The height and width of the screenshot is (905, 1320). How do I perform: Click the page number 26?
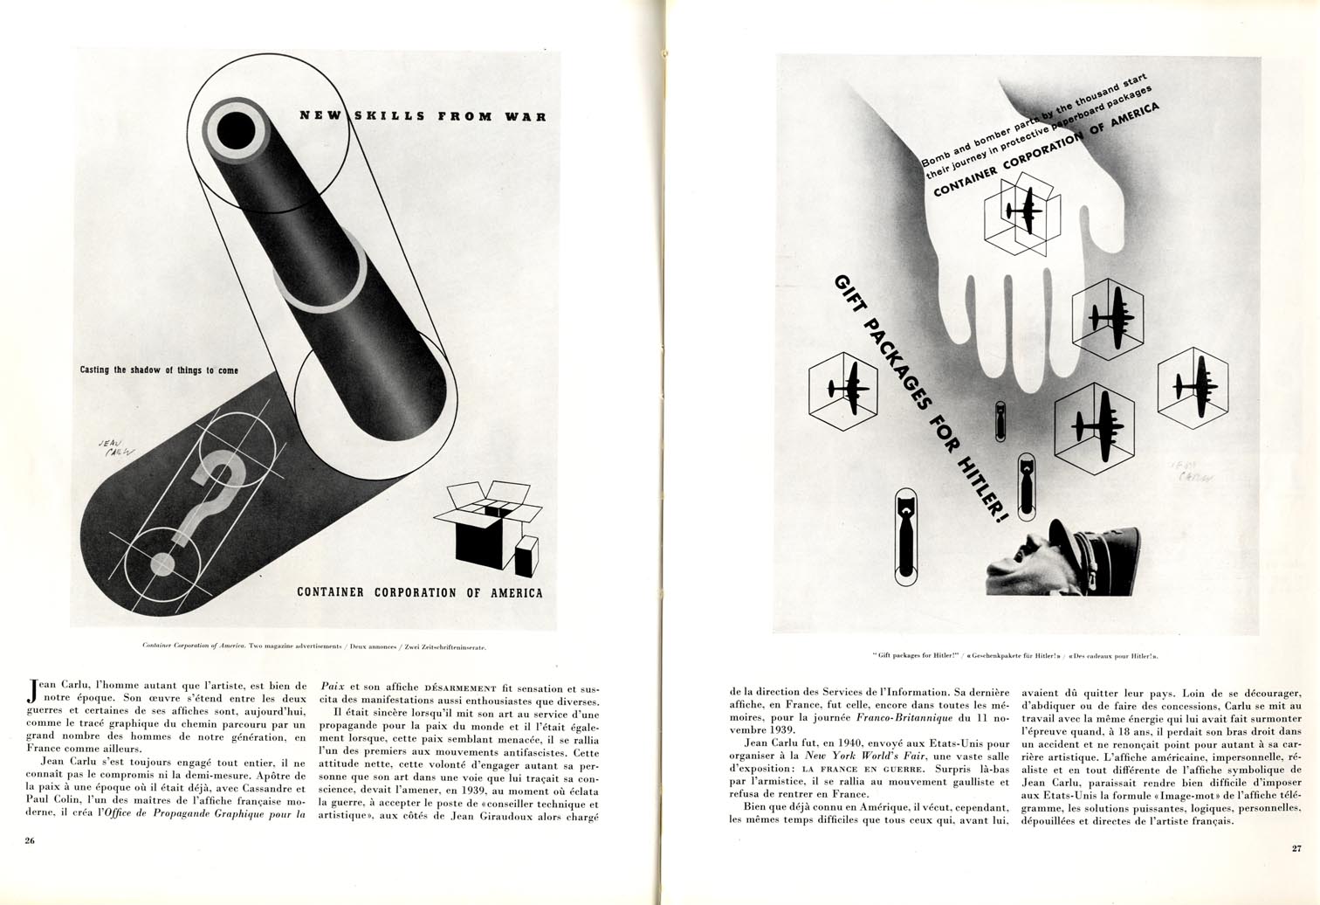(29, 841)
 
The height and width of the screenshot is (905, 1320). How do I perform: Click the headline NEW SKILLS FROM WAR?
(423, 115)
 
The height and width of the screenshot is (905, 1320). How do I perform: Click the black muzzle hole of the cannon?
(235, 132)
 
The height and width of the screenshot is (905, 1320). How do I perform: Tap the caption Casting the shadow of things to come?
(159, 370)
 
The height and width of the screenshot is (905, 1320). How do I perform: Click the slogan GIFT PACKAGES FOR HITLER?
(917, 397)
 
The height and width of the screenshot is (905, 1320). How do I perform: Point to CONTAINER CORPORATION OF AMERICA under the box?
(420, 592)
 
